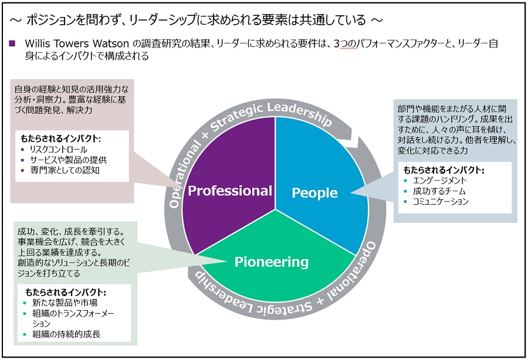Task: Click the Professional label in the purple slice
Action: (x=230, y=191)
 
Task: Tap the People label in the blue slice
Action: (x=314, y=193)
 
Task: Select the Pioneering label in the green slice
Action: (x=271, y=261)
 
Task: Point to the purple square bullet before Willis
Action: (x=12, y=45)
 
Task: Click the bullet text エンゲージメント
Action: (x=440, y=181)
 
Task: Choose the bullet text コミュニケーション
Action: (x=441, y=202)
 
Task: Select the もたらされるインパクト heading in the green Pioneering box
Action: (x=66, y=292)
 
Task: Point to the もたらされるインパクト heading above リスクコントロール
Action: (x=61, y=139)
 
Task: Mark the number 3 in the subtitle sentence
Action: (x=336, y=44)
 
